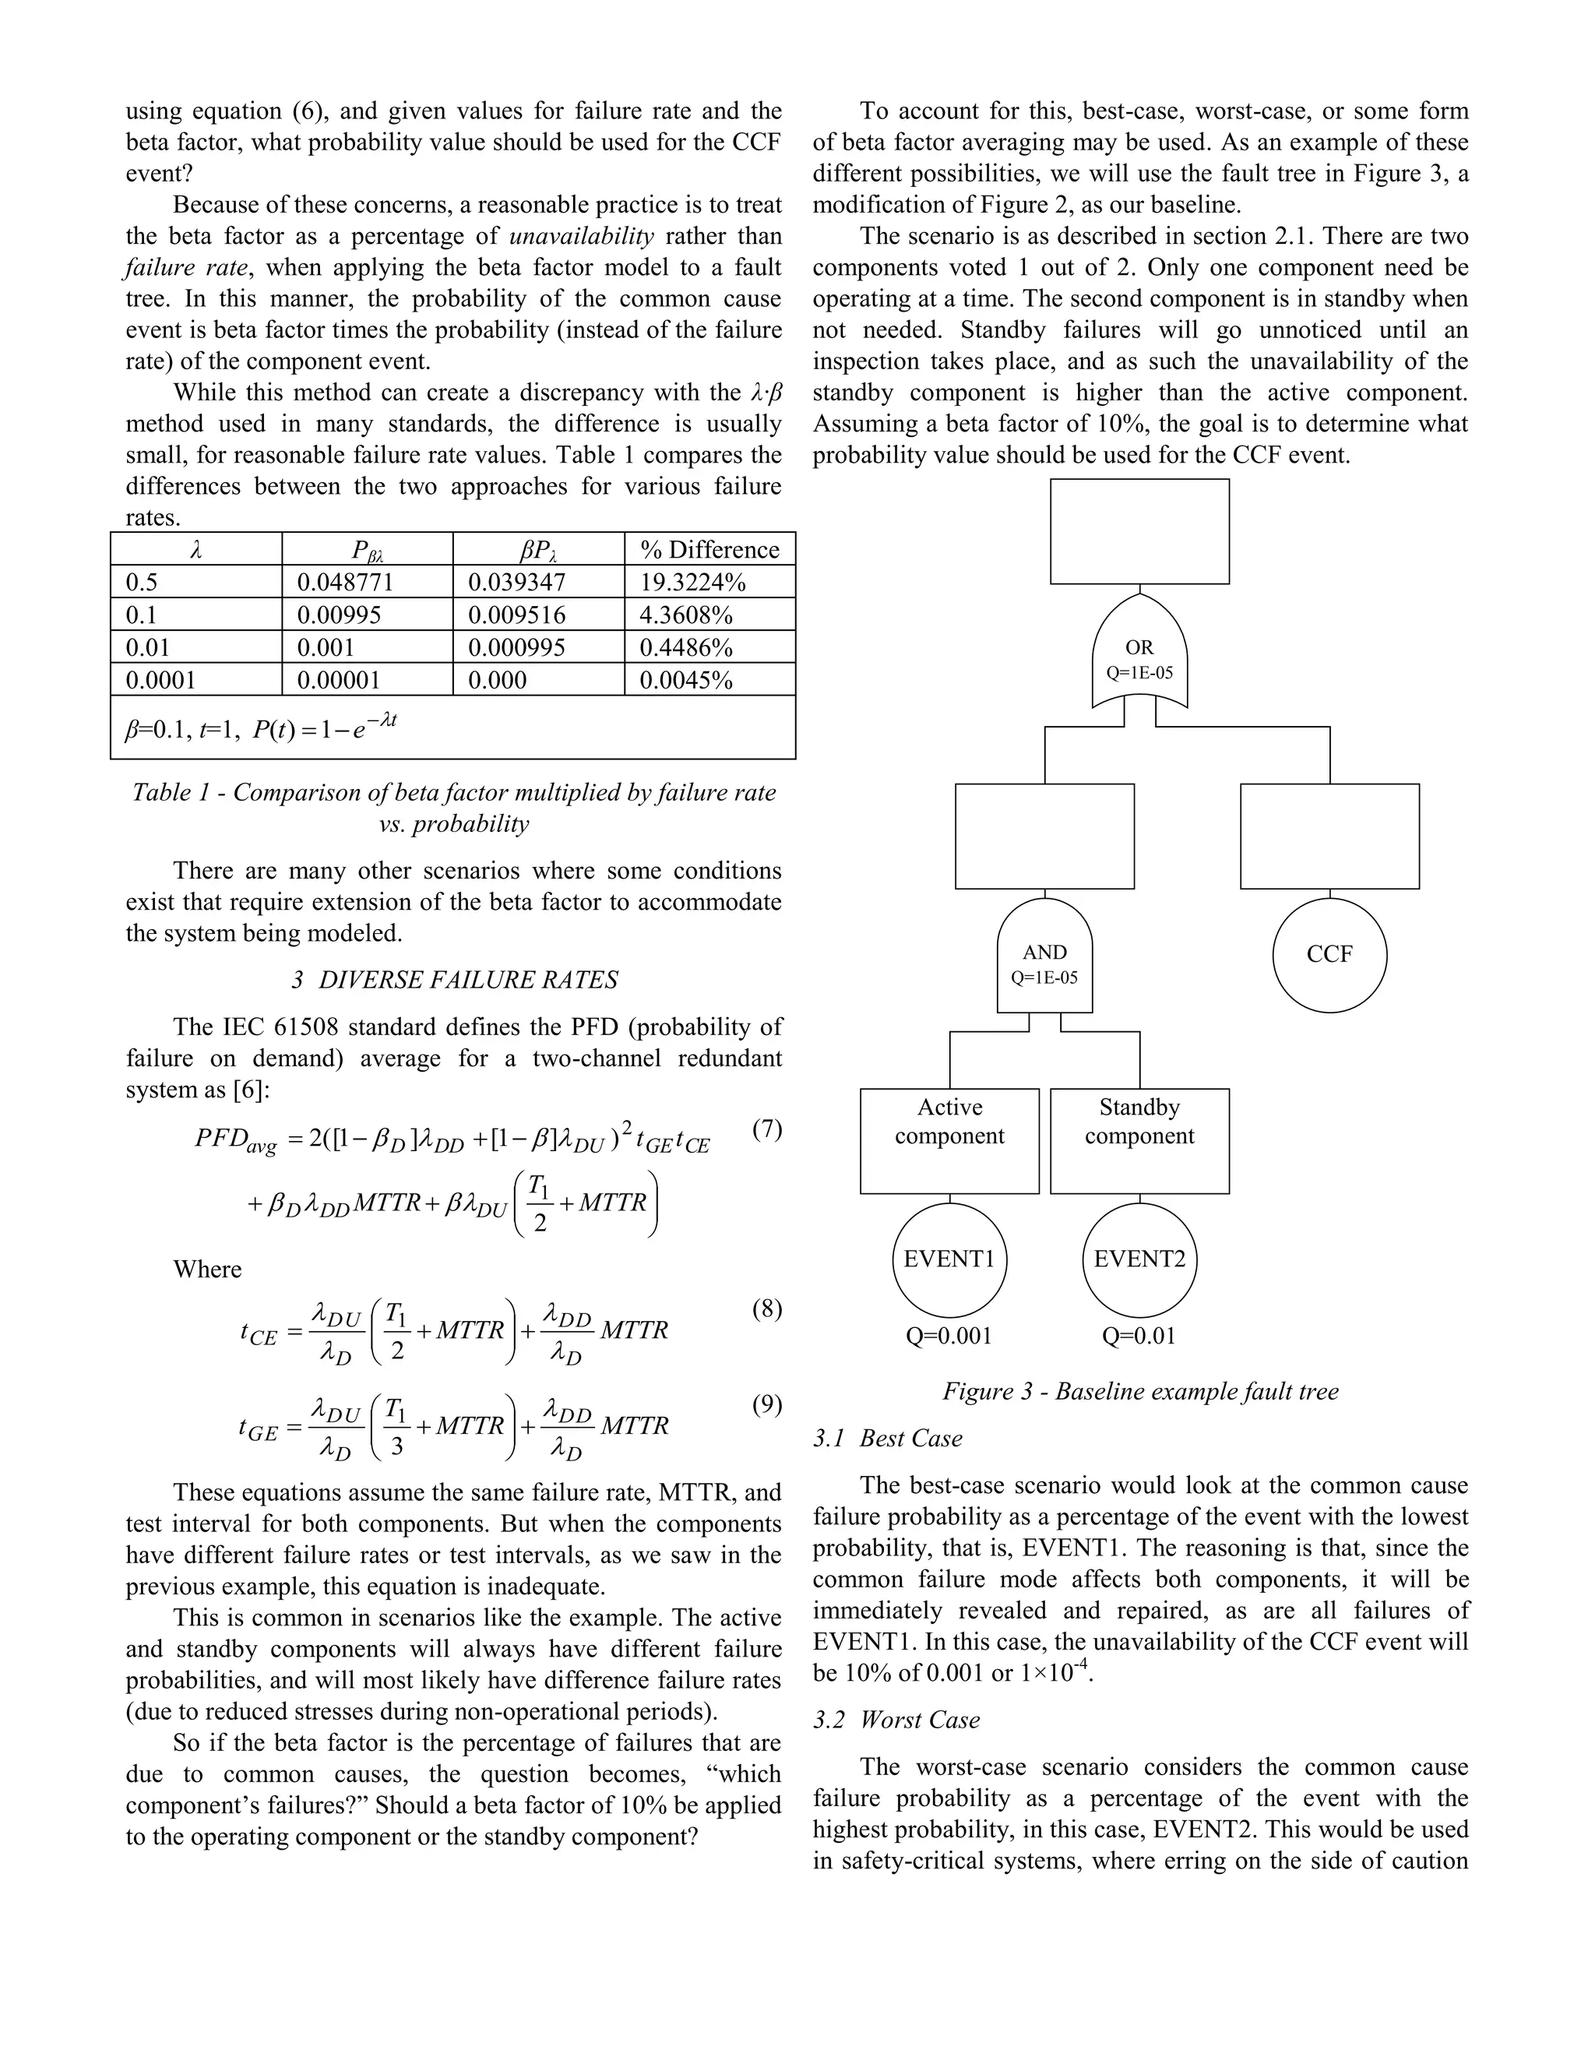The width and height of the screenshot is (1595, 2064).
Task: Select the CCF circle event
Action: pos(1329,955)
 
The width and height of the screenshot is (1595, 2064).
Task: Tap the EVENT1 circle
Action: pos(949,1259)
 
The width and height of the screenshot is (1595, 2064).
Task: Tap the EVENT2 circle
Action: pos(1139,1259)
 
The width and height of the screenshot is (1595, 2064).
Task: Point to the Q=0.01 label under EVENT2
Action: pos(1139,1335)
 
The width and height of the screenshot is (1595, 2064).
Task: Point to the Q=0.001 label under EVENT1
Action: pos(949,1335)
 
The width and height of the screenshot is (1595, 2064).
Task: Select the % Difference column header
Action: pos(709,550)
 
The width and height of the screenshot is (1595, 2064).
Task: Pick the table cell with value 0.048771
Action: pos(345,582)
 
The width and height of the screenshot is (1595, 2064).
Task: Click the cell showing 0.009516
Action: pos(517,615)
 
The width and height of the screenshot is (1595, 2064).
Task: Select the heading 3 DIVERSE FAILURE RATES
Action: pos(455,979)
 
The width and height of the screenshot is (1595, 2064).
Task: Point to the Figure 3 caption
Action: pos(1139,1391)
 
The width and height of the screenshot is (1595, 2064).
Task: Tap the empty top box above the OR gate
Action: pos(1139,531)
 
